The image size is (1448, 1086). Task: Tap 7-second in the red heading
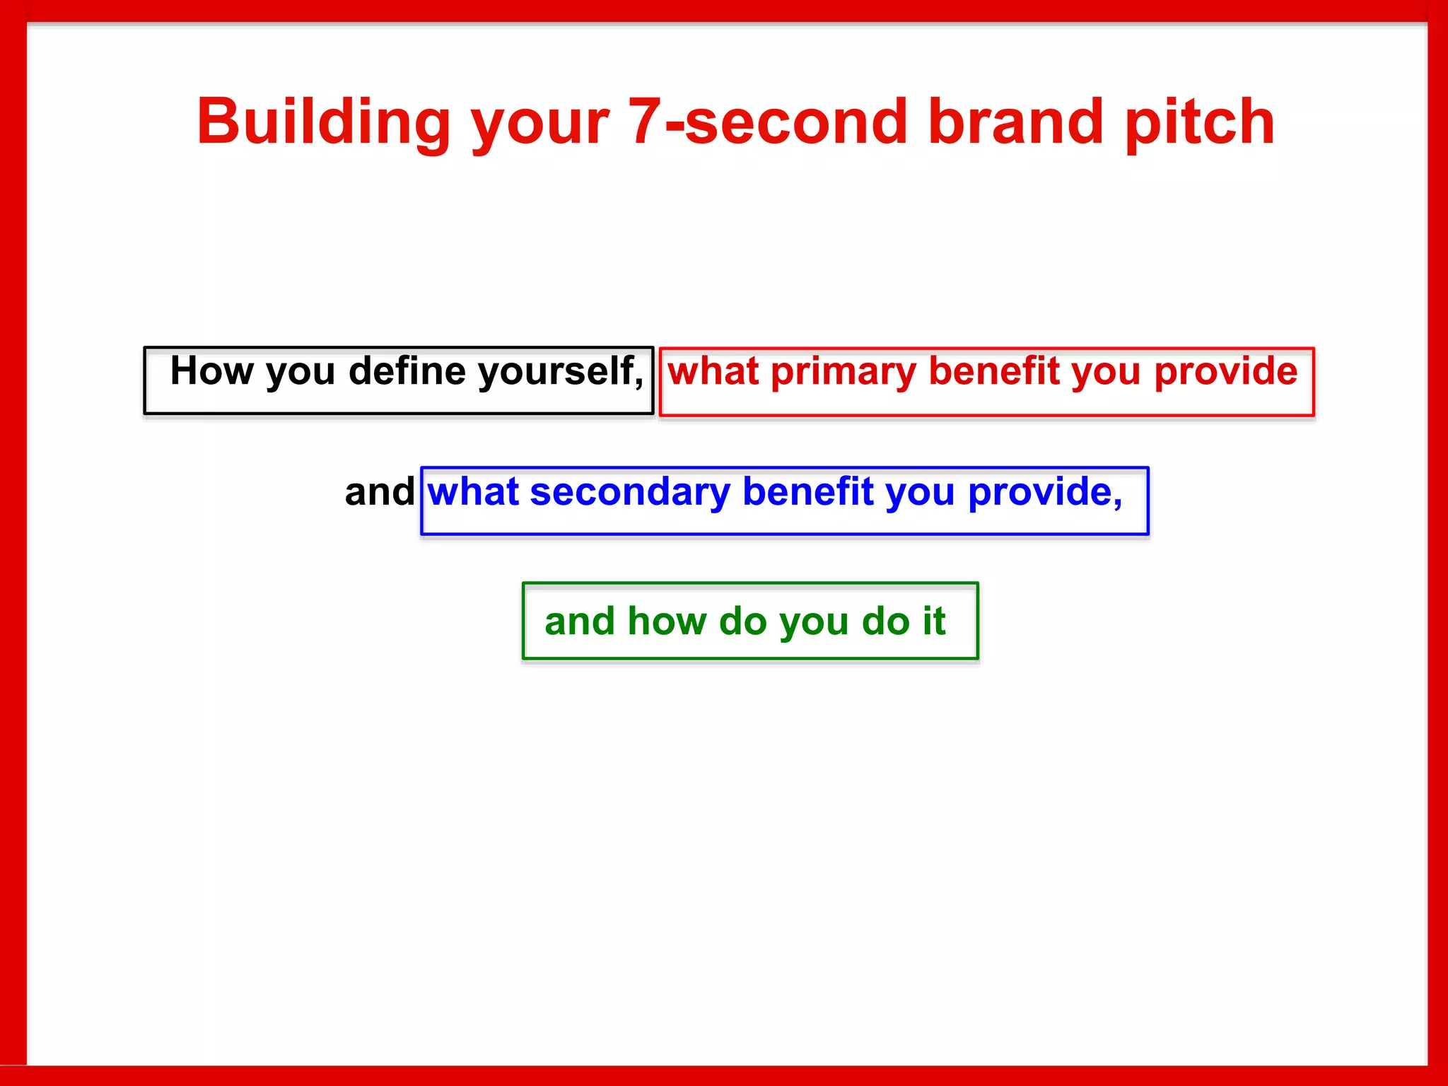point(767,122)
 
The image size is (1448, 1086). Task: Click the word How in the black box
point(211,370)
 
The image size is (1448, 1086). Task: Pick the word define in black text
point(407,370)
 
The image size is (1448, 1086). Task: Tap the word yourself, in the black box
point(561,372)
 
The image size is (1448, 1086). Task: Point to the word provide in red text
point(1225,372)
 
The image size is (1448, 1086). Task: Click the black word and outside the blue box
point(379,492)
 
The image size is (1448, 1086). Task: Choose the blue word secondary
point(630,492)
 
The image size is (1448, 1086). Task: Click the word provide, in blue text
point(1044,492)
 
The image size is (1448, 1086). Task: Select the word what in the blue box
point(472,492)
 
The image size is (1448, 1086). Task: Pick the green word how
point(666,621)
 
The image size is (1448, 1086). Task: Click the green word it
point(933,621)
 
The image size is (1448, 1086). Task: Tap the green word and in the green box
point(579,621)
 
